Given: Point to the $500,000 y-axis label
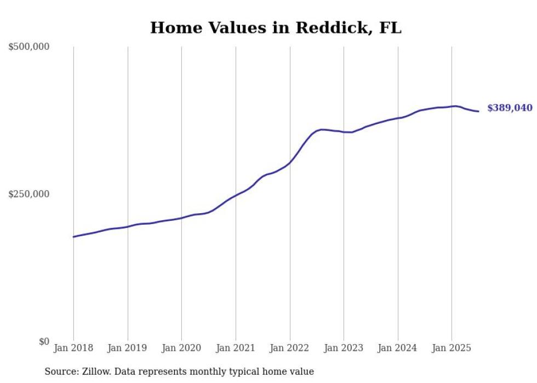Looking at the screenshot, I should click(29, 47).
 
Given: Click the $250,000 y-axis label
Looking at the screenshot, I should click(29, 194).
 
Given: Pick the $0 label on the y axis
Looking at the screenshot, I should click(44, 341).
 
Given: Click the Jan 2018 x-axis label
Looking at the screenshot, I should click(73, 348).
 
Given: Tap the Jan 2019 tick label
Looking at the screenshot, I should click(128, 348).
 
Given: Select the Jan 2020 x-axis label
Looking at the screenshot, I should click(181, 348).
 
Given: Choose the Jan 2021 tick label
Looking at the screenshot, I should click(236, 348).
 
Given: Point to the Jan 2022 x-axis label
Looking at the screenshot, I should click(290, 348).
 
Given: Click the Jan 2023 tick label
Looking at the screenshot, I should click(344, 348).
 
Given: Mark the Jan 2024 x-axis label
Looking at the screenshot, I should click(398, 348).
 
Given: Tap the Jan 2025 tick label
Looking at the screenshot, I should click(452, 348).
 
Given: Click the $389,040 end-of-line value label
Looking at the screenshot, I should click(510, 108).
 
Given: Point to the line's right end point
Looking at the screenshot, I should click(479, 112).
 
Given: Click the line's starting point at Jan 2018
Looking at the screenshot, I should click(73, 237).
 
